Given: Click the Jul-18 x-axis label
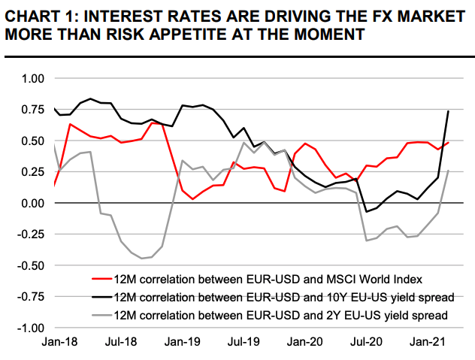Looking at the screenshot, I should tap(121, 342).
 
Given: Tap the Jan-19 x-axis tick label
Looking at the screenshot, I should tap(183, 342).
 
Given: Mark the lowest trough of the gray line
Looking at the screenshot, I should tap(141, 259).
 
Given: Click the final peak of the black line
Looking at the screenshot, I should tap(449, 111).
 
